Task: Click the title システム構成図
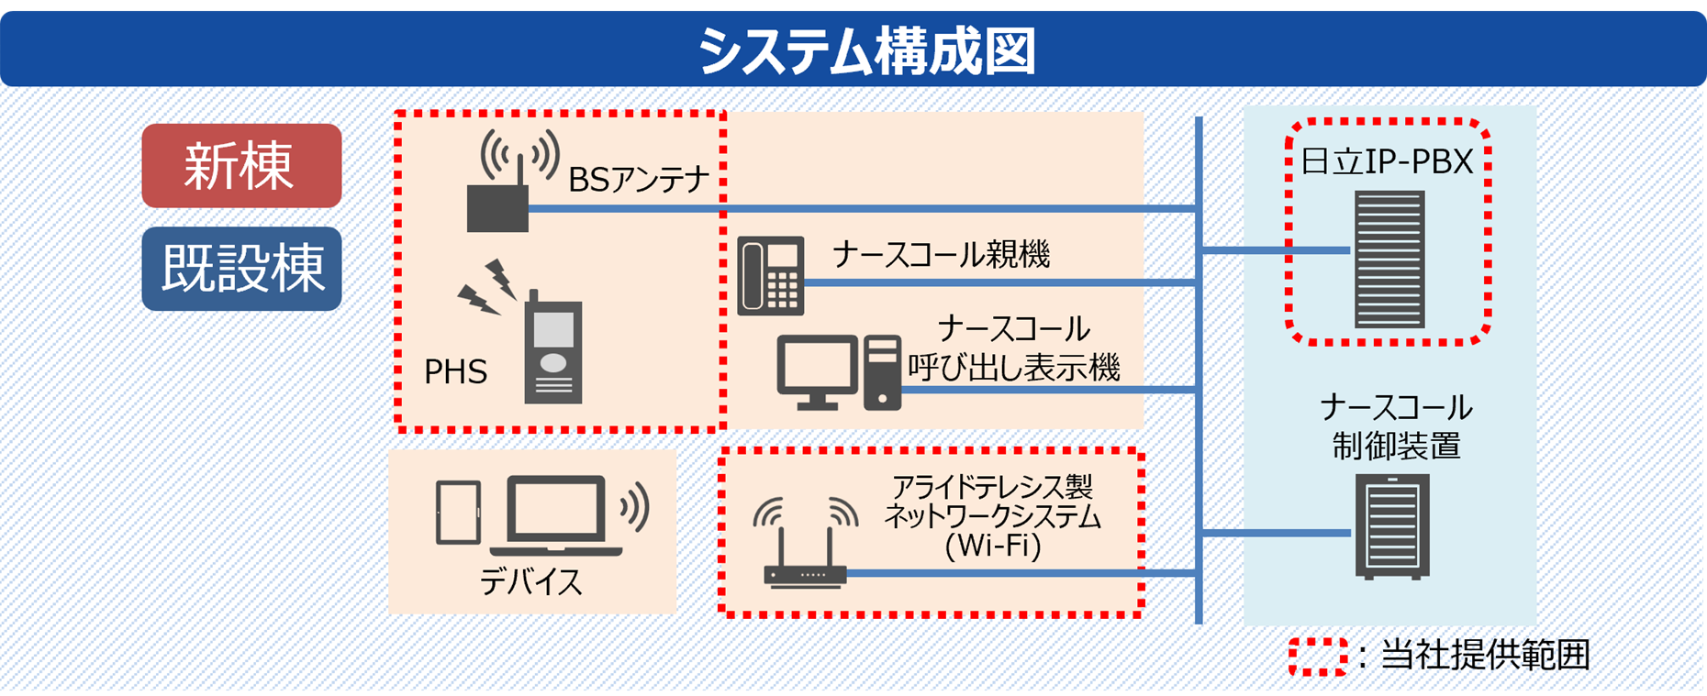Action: click(x=866, y=50)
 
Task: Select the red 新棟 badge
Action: click(x=241, y=166)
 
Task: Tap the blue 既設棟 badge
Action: click(x=241, y=269)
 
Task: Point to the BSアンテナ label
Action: click(x=639, y=179)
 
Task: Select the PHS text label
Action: click(x=455, y=371)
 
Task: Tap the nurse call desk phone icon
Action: click(x=771, y=275)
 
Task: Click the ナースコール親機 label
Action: click(x=941, y=254)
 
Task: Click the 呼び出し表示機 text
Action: click(x=1013, y=368)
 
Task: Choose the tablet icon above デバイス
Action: click(x=458, y=513)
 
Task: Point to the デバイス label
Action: click(x=530, y=581)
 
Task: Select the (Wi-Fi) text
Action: click(x=992, y=546)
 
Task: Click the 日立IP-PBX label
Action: click(x=1387, y=161)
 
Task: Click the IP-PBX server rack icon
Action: click(x=1389, y=259)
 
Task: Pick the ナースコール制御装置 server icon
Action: click(x=1392, y=526)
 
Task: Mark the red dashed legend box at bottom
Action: click(x=1317, y=657)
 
